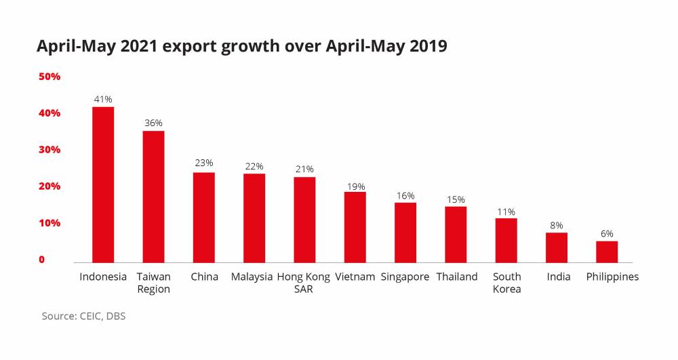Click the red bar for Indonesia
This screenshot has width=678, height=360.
pyautogui.click(x=103, y=184)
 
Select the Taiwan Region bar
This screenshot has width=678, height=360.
pyautogui.click(x=153, y=197)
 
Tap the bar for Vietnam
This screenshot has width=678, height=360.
pyautogui.click(x=355, y=227)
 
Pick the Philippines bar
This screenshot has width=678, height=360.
pyautogui.click(x=607, y=252)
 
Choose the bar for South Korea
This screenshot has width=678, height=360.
pyautogui.click(x=506, y=240)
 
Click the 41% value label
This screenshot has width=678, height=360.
pyautogui.click(x=103, y=99)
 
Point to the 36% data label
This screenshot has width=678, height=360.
pyautogui.click(x=153, y=123)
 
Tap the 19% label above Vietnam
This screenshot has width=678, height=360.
pyautogui.click(x=355, y=186)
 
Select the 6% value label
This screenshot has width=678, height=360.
pyautogui.click(x=607, y=233)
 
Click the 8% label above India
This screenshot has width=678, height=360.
pyautogui.click(x=557, y=225)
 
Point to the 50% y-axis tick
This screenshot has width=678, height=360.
pyautogui.click(x=49, y=77)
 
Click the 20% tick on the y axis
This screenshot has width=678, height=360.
pyautogui.click(x=49, y=186)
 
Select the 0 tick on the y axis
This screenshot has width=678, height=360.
pyautogui.click(x=41, y=260)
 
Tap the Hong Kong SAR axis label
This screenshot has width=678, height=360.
pyautogui.click(x=304, y=283)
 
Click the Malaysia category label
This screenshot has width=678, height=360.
pyautogui.click(x=252, y=277)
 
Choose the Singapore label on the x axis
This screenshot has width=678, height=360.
pyautogui.click(x=405, y=277)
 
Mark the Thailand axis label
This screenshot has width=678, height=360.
pyautogui.click(x=457, y=277)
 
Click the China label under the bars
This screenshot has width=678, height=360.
pyautogui.click(x=204, y=277)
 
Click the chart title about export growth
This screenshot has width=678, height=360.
pyautogui.click(x=242, y=46)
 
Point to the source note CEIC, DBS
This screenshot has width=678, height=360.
pyautogui.click(x=83, y=316)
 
